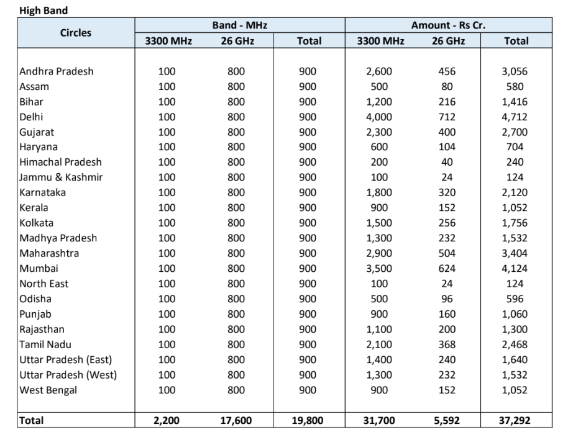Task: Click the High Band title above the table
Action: pyautogui.click(x=44, y=11)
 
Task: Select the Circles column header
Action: pyautogui.click(x=76, y=33)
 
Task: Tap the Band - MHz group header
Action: pyautogui.click(x=239, y=25)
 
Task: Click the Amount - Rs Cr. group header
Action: pyautogui.click(x=448, y=25)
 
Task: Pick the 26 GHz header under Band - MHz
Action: pyautogui.click(x=236, y=41)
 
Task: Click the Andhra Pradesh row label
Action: pyautogui.click(x=57, y=71)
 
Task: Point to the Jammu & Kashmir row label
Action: pyautogui.click(x=61, y=177)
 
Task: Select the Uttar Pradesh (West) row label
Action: pyautogui.click(x=68, y=375)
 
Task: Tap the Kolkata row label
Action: pyautogui.click(x=37, y=223)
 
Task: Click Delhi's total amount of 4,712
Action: pyautogui.click(x=514, y=117)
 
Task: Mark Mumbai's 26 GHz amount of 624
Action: pyautogui.click(x=447, y=269)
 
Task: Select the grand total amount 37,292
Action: pyautogui.click(x=514, y=421)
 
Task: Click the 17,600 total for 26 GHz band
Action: pyautogui.click(x=236, y=421)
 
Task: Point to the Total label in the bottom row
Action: pyautogui.click(x=32, y=421)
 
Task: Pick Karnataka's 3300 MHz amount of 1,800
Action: pyautogui.click(x=378, y=192)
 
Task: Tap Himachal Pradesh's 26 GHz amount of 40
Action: pyautogui.click(x=447, y=162)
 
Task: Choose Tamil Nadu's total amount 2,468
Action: pyautogui.click(x=514, y=344)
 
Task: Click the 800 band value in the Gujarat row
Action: pyautogui.click(x=236, y=132)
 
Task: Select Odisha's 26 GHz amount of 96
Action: pyautogui.click(x=447, y=299)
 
